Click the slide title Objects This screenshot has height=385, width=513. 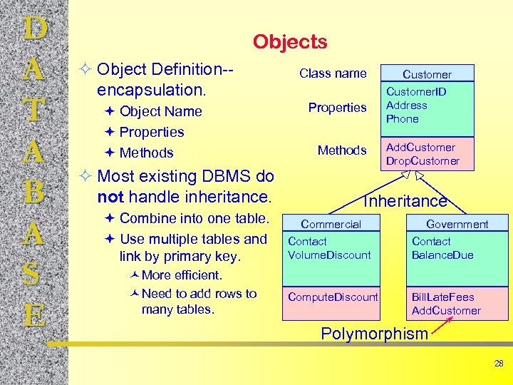[290, 42]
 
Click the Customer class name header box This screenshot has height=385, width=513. [427, 74]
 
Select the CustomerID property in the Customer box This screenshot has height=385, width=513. [416, 92]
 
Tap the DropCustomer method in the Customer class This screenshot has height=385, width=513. [423, 161]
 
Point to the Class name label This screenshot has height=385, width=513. [333, 73]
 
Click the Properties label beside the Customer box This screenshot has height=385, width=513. [337, 108]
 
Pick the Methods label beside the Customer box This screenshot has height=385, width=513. [342, 150]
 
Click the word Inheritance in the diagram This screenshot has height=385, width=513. [405, 202]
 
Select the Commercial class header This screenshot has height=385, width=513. [331, 224]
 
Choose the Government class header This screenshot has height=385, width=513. [457, 224]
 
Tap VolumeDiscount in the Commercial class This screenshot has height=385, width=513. [329, 255]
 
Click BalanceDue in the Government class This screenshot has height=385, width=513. [442, 255]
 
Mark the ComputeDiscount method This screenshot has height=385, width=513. [333, 297]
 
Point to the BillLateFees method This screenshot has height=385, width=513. [442, 297]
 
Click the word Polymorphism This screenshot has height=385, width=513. [374, 334]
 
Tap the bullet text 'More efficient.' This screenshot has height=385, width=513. [182, 275]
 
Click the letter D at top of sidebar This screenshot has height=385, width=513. [35, 29]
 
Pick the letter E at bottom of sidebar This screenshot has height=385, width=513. [35, 314]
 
